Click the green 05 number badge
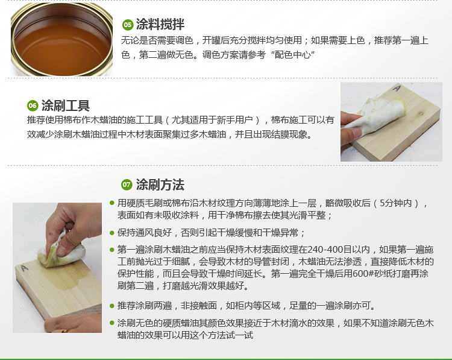[x=127, y=25]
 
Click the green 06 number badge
[x=33, y=106]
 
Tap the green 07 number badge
[x=127, y=185]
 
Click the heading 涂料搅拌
[x=160, y=24]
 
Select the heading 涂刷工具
[x=66, y=106]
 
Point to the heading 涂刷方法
[x=160, y=185]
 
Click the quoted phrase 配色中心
[x=292, y=54]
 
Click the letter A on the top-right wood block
[x=397, y=88]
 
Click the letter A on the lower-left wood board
[x=25, y=268]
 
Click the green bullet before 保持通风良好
[x=112, y=233]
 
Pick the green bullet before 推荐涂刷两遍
[x=112, y=306]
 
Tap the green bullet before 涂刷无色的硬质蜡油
[x=112, y=323]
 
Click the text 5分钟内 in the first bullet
[x=395, y=203]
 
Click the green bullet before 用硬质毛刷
[x=112, y=203]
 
